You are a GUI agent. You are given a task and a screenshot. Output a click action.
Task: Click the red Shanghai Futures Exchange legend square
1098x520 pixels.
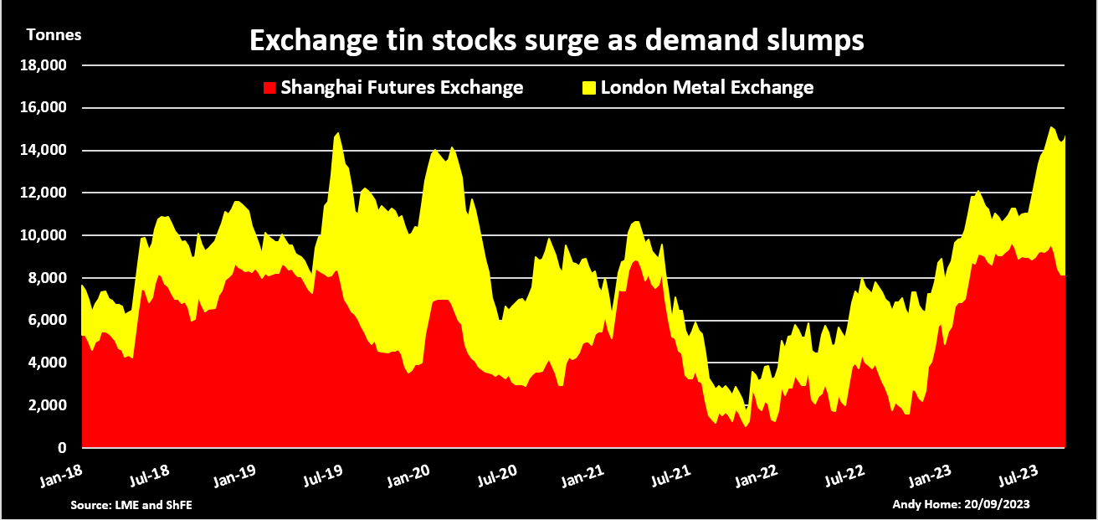point(269,88)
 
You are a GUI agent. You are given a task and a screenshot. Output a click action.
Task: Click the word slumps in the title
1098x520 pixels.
point(813,39)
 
